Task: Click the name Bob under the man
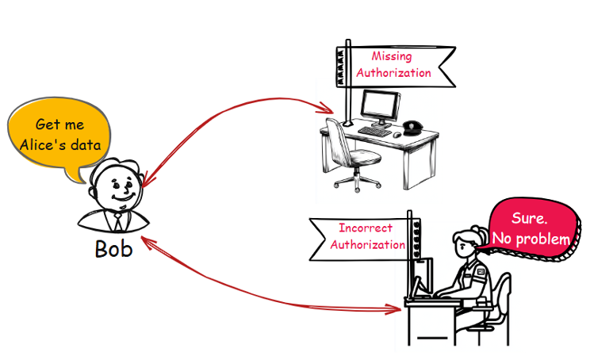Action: click(113, 248)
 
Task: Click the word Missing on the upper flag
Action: click(394, 56)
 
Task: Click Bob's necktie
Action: click(117, 220)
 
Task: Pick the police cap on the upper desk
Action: click(412, 126)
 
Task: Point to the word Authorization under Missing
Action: click(394, 73)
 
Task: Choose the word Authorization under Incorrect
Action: click(367, 244)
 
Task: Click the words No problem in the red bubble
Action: click(531, 239)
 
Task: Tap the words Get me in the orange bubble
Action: click(59, 124)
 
